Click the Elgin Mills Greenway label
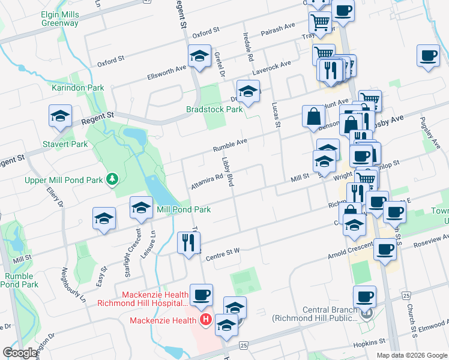(60, 19)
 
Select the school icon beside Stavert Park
(59, 116)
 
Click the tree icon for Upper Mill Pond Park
(111, 179)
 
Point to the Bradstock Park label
(214, 110)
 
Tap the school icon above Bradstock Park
(247, 91)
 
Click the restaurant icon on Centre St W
(188, 242)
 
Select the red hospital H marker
(205, 320)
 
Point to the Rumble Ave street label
(231, 145)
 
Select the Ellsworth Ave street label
(167, 73)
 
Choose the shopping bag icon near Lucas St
(314, 116)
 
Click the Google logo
(20, 353)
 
